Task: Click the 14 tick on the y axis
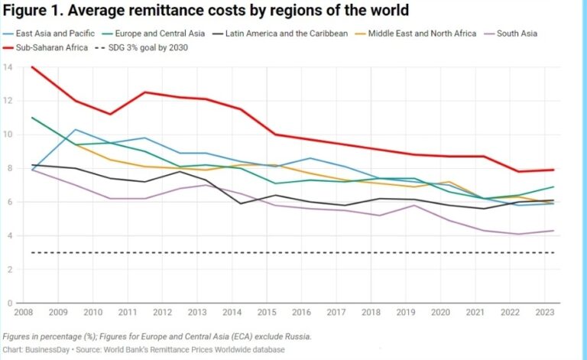tap(8, 67)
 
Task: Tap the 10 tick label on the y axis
tap(8, 135)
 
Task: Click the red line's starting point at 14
tap(31, 67)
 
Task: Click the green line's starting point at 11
tap(31, 118)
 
